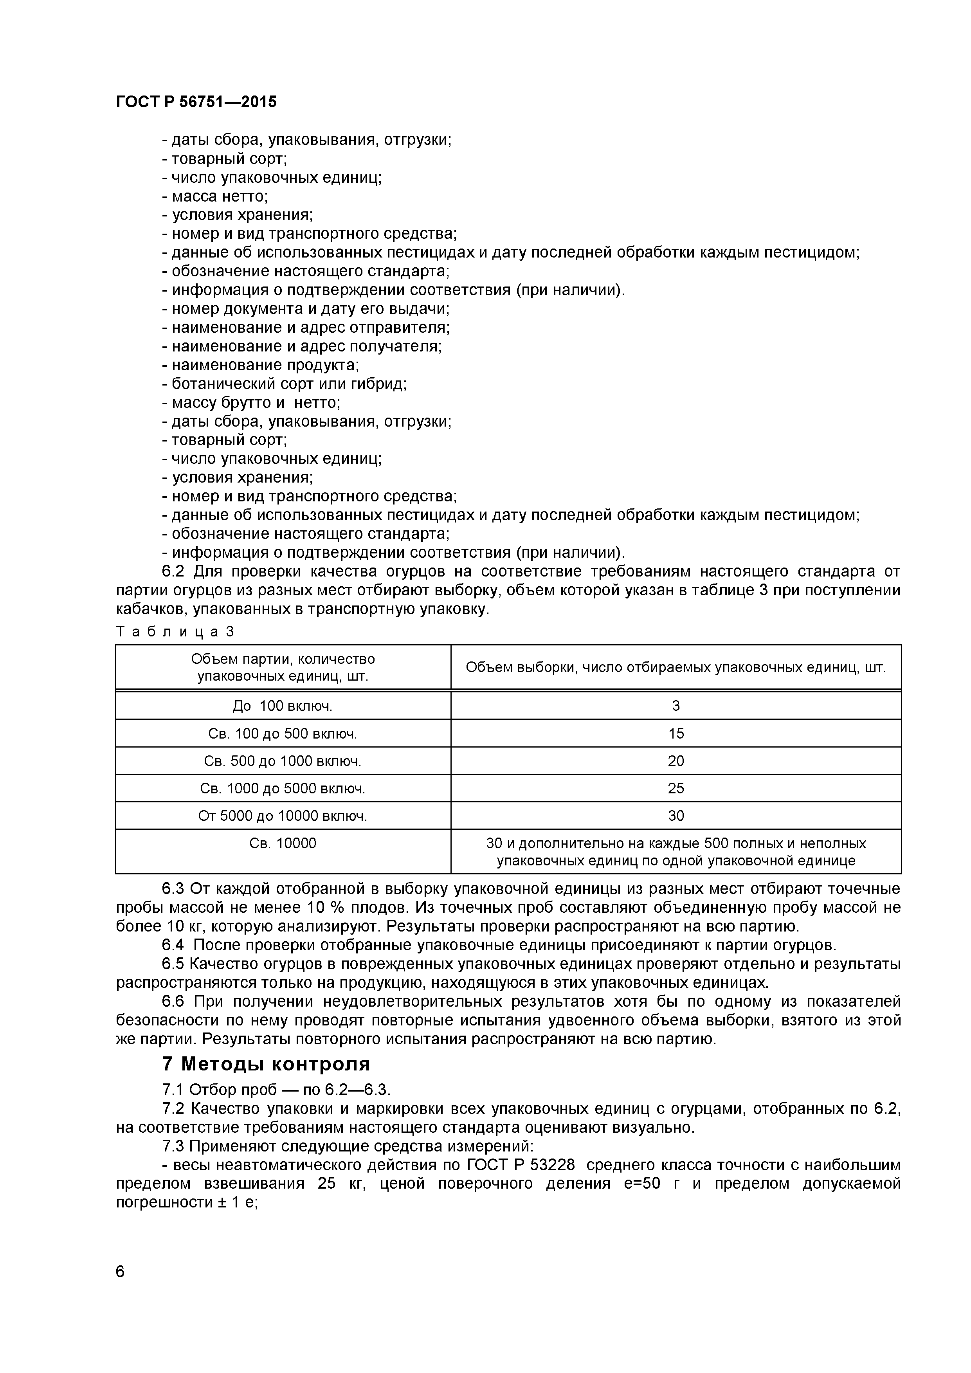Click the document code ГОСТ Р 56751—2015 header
click(196, 102)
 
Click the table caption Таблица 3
click(175, 631)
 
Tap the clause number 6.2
click(173, 572)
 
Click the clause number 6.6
click(173, 1002)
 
